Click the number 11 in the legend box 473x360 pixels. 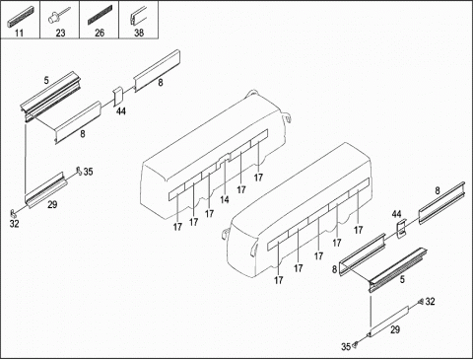(x=20, y=33)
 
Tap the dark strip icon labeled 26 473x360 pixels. (x=100, y=15)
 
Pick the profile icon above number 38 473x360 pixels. (x=138, y=16)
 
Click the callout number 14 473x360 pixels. (x=225, y=199)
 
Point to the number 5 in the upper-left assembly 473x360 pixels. (x=46, y=80)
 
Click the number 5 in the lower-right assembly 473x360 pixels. (x=402, y=279)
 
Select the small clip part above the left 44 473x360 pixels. (x=118, y=97)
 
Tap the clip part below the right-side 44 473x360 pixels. (x=401, y=229)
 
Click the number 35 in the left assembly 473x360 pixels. (x=88, y=172)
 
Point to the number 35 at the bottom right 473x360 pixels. (x=346, y=347)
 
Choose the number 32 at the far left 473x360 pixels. (x=14, y=224)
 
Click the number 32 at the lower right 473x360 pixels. (x=430, y=302)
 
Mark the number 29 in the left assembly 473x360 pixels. (x=52, y=204)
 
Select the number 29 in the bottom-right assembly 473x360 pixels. (x=395, y=329)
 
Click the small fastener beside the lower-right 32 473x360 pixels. (x=421, y=302)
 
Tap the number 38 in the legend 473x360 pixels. (x=139, y=33)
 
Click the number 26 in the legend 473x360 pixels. (x=100, y=33)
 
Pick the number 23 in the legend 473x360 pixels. (x=60, y=33)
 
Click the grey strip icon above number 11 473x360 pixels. (x=20, y=17)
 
